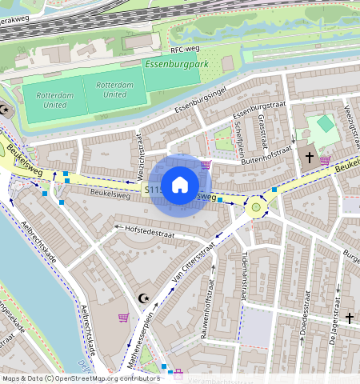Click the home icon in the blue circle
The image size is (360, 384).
[x=180, y=185]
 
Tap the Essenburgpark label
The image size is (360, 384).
[x=171, y=64]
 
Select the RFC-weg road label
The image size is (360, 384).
[x=183, y=49]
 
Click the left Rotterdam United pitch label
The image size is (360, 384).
[x=55, y=99]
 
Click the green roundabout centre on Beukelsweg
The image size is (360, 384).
[x=257, y=207]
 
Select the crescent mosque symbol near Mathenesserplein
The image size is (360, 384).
[x=144, y=298]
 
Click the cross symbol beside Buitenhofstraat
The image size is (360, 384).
[x=309, y=158]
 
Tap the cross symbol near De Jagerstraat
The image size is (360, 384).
[x=349, y=318]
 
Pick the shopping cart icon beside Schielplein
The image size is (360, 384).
[x=206, y=165]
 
